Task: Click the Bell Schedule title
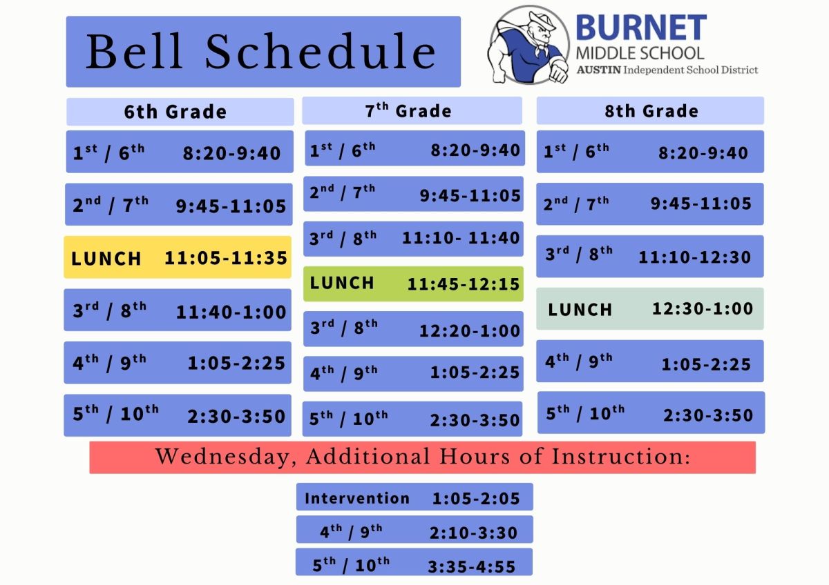(x=263, y=52)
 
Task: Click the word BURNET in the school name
(x=640, y=28)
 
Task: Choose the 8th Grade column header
(x=651, y=111)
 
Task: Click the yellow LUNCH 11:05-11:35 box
(x=178, y=258)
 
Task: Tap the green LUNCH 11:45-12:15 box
(x=413, y=284)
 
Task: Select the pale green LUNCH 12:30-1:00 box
(x=650, y=309)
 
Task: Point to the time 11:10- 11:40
(x=461, y=238)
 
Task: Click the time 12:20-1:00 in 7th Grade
(x=470, y=331)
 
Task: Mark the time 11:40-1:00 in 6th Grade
(x=231, y=312)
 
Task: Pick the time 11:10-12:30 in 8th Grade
(x=694, y=257)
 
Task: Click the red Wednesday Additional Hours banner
(x=422, y=457)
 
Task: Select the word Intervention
(x=357, y=498)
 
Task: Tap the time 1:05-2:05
(x=476, y=499)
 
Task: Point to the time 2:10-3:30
(x=473, y=533)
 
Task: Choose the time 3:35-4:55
(x=472, y=567)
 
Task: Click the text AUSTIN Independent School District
(x=667, y=70)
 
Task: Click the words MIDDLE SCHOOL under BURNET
(x=640, y=53)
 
